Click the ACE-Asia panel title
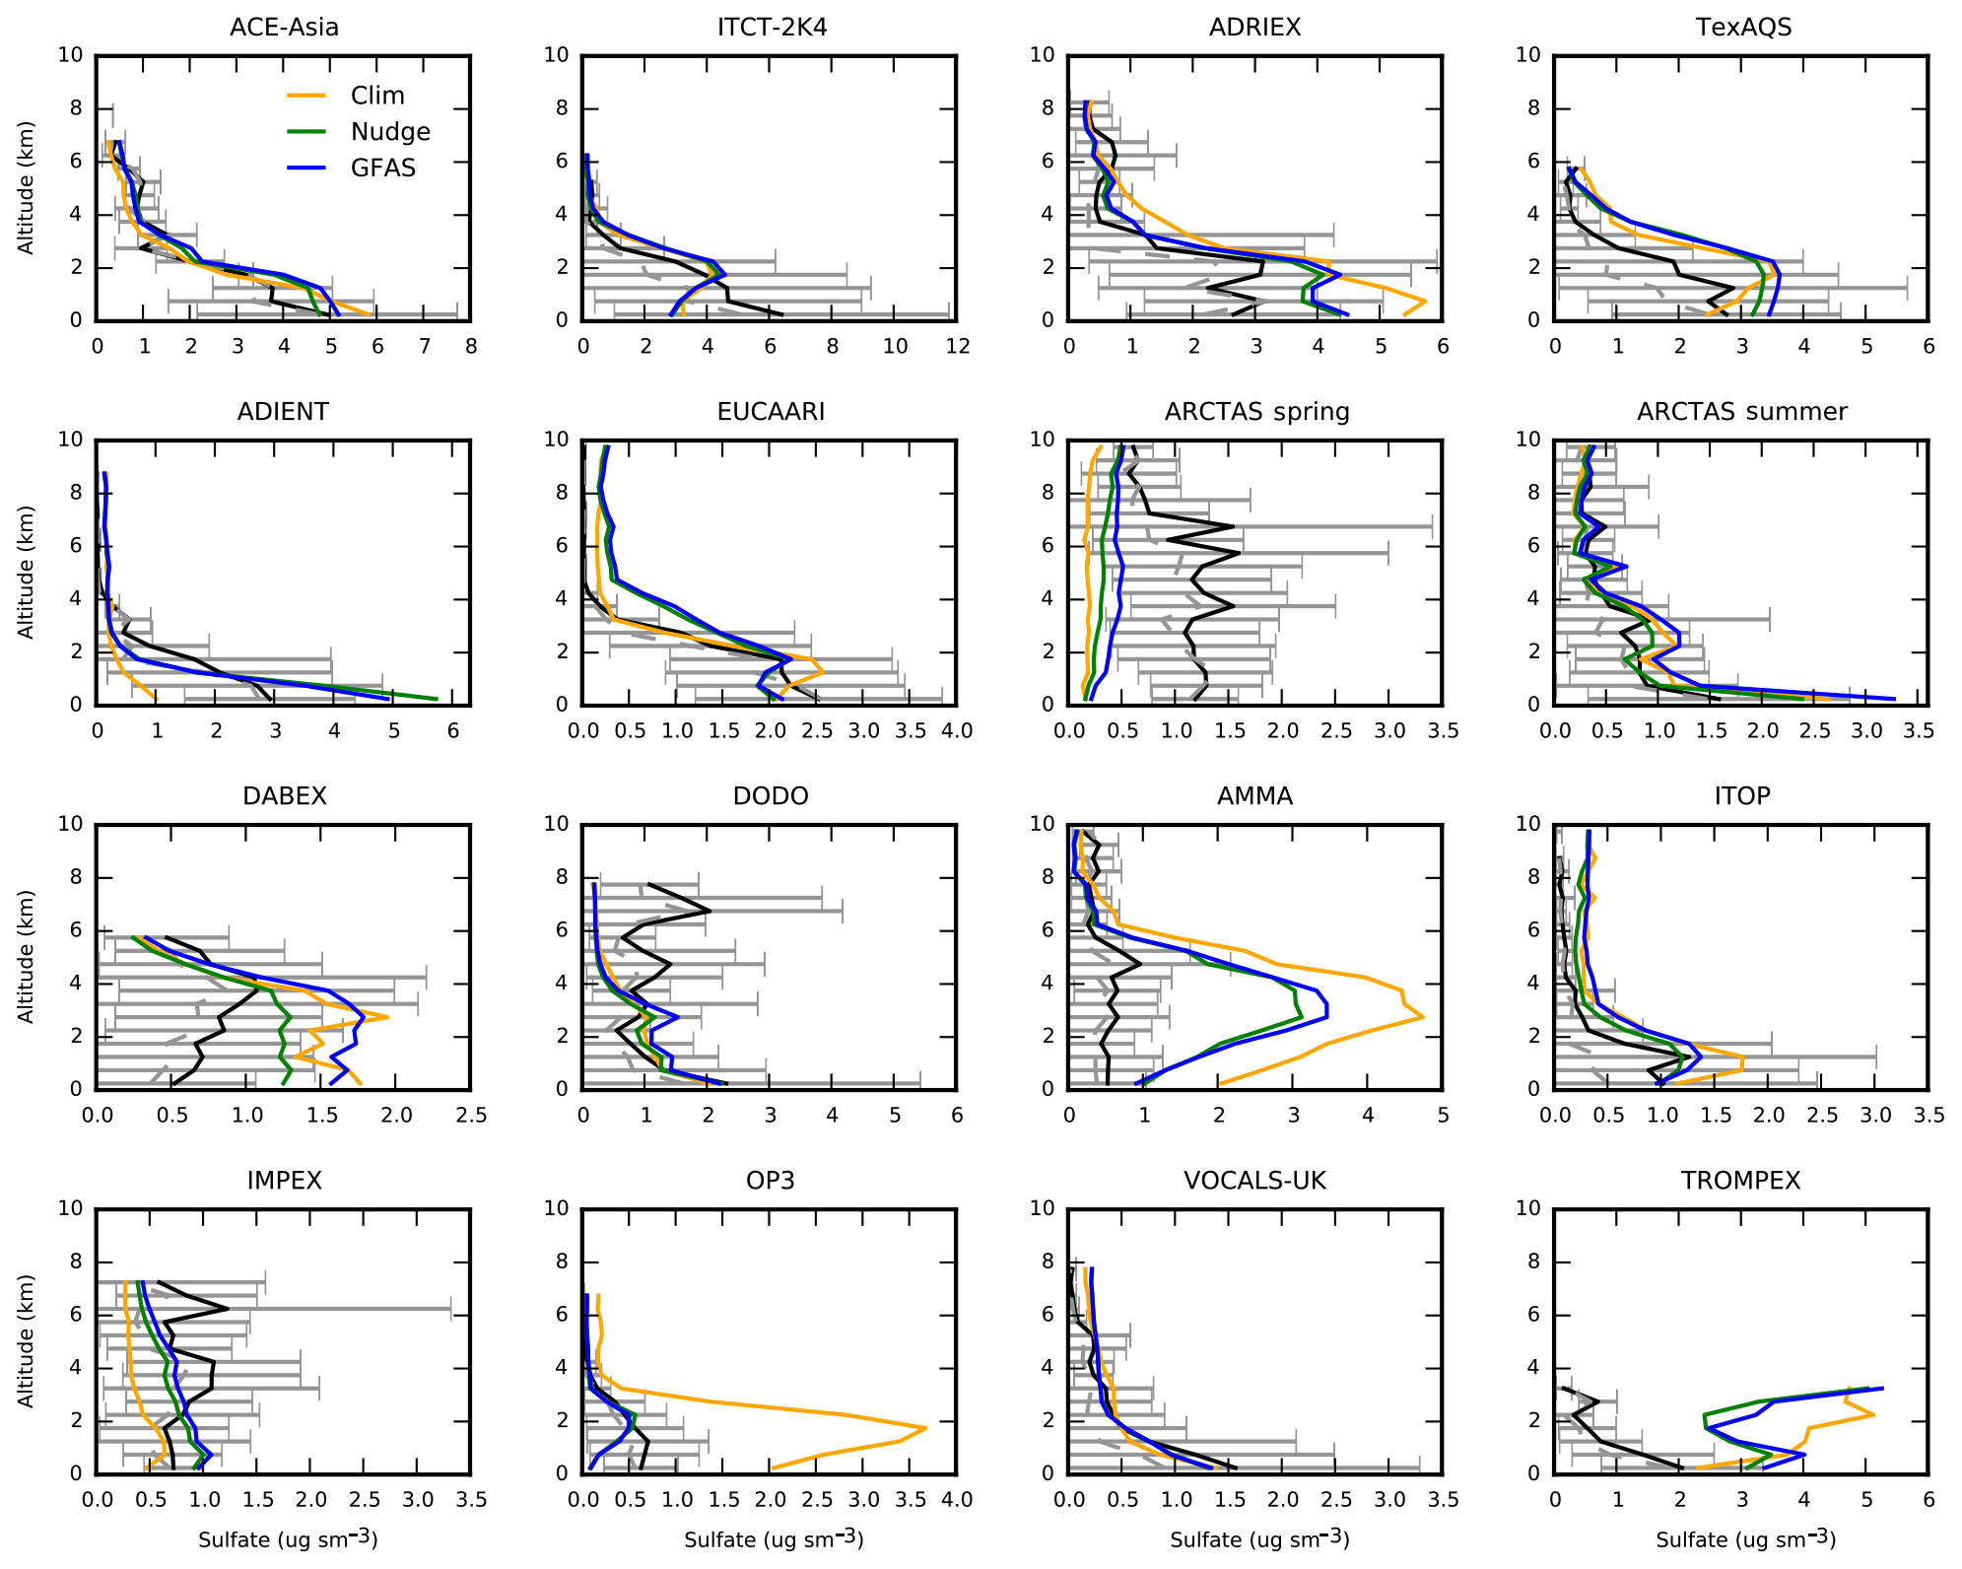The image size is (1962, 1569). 284,28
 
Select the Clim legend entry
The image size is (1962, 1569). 376,96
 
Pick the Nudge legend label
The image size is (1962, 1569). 390,132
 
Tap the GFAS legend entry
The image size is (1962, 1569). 382,169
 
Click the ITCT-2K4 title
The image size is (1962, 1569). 772,28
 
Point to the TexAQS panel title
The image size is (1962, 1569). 1743,28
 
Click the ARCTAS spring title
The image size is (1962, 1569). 1256,412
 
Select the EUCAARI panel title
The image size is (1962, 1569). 771,412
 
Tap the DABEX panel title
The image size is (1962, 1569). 284,796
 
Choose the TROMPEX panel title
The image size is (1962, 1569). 1740,1181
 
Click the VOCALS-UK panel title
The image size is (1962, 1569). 1254,1181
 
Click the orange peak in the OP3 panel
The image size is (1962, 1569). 924,1427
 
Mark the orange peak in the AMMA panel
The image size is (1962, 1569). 1423,1016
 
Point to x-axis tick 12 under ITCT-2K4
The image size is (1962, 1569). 957,347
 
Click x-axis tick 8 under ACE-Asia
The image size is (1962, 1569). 471,347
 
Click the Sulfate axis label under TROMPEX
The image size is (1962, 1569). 1745,1538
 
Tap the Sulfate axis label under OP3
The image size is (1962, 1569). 774,1538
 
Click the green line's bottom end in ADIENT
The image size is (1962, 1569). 437,699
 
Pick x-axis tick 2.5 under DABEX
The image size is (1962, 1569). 471,1116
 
